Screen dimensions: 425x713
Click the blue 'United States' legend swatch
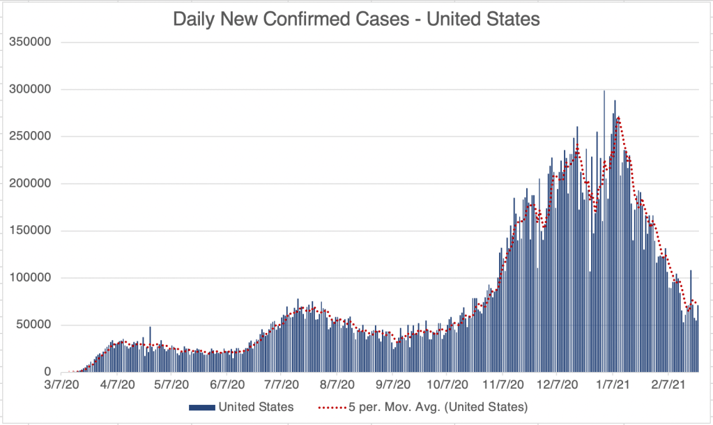(201, 406)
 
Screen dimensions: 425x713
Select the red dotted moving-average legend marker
(333, 406)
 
